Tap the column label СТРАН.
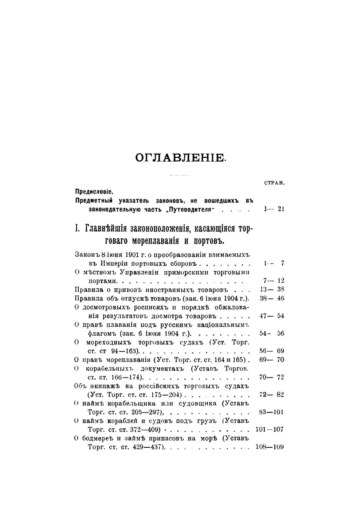[274, 183]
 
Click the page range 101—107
[270, 429]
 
